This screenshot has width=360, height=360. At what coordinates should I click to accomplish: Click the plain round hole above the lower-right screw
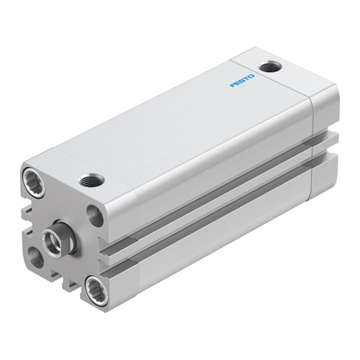[x=95, y=214]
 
